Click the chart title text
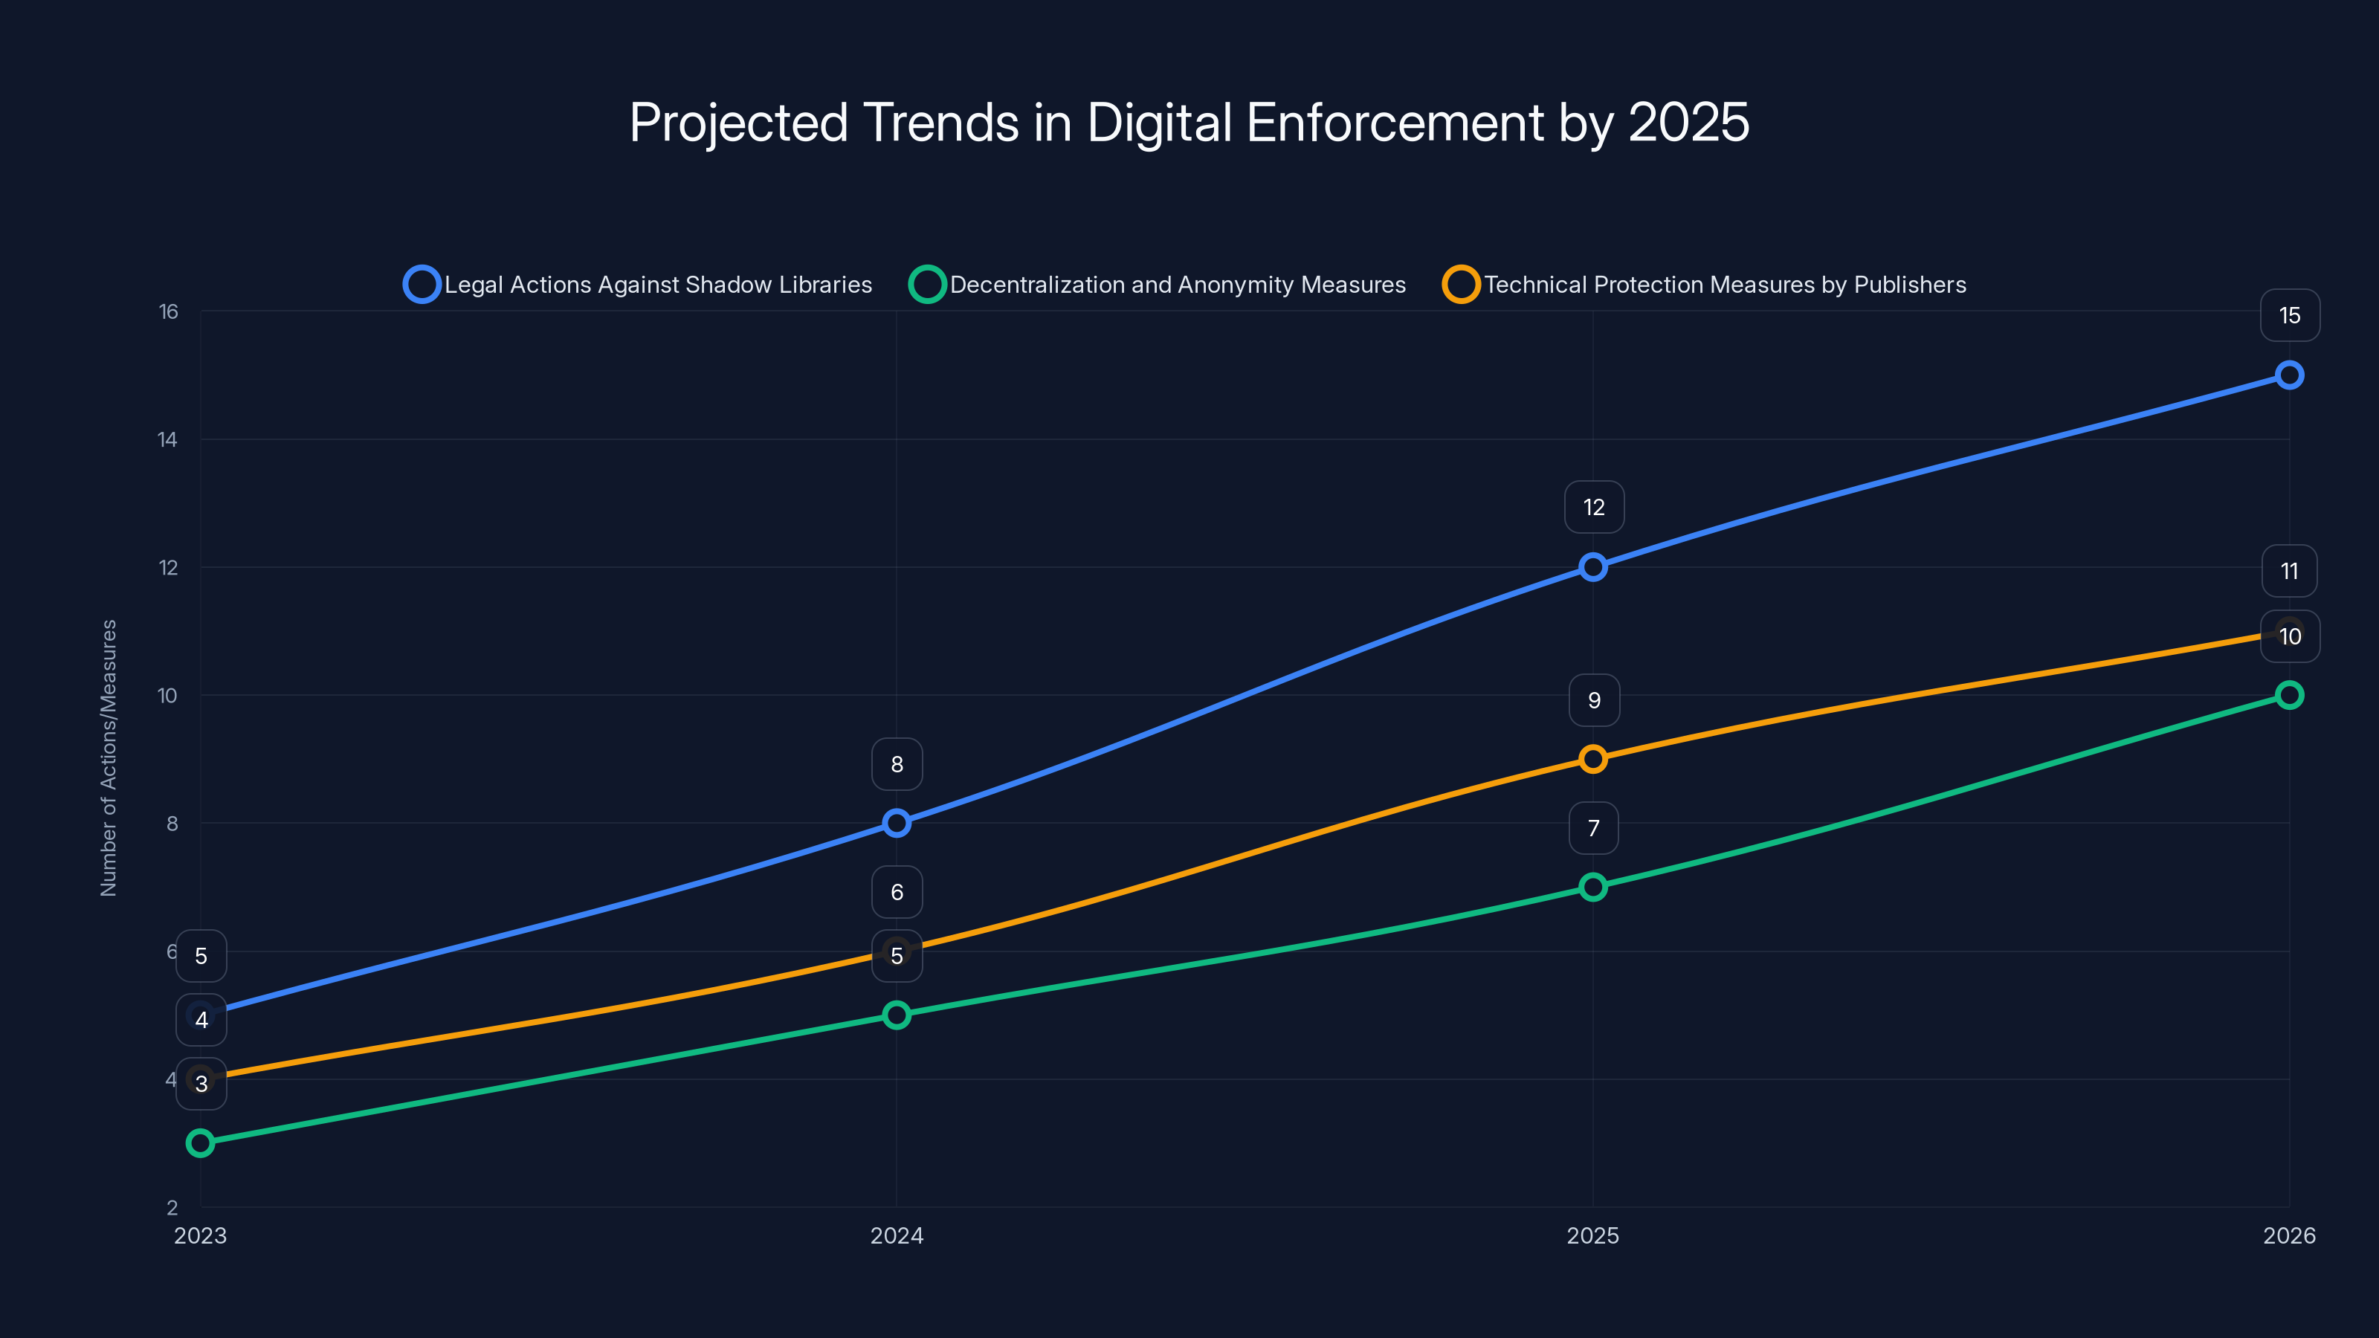point(1189,123)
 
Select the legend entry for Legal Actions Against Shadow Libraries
point(638,285)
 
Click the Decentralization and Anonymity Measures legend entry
point(1158,285)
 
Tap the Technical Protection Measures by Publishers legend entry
point(1705,285)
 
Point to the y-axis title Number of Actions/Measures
point(109,757)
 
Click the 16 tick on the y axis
point(168,312)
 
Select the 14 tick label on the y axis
point(167,439)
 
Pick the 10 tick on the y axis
point(167,695)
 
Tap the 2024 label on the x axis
point(896,1235)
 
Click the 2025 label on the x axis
point(1592,1235)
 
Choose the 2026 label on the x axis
point(2288,1235)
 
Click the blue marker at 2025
point(1592,567)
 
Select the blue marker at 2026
point(2288,375)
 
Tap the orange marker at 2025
point(1592,759)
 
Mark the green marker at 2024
point(896,1015)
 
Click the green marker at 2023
point(201,1143)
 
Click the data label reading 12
point(1593,507)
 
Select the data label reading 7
point(1593,828)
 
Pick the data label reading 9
point(1593,700)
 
